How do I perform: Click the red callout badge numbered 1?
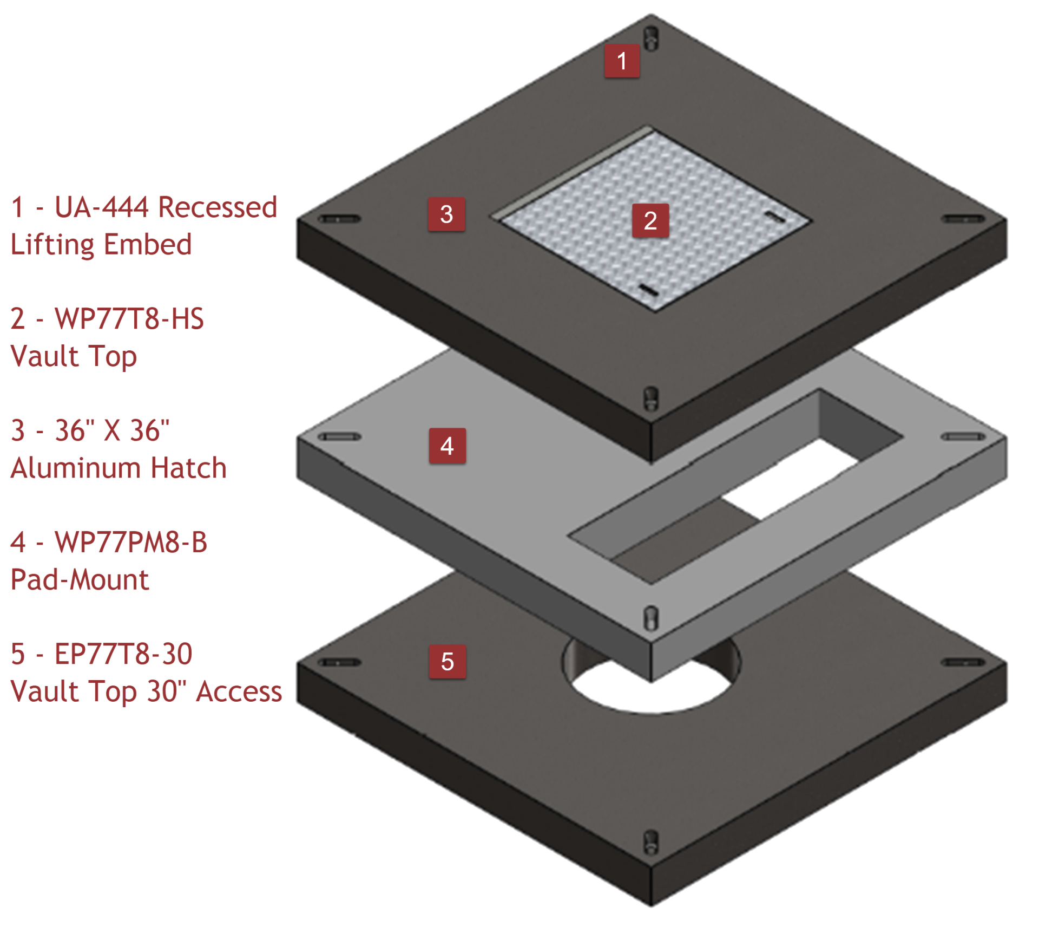point(622,61)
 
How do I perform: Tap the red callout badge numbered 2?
point(650,220)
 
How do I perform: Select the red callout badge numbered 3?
point(446,214)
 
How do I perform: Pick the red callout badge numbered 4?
point(447,446)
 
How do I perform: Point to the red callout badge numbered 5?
point(447,661)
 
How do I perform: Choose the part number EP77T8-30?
point(123,654)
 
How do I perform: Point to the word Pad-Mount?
point(80,579)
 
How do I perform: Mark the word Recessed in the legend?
point(219,207)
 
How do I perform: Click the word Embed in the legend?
point(147,244)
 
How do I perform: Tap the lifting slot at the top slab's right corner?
point(964,219)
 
